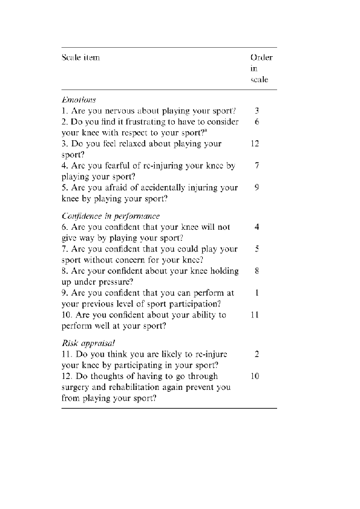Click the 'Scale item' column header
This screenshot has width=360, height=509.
(80, 58)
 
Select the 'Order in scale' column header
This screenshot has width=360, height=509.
(261, 69)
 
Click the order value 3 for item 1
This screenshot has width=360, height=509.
(257, 111)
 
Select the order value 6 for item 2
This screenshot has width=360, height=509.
(257, 122)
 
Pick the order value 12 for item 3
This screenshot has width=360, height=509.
(257, 144)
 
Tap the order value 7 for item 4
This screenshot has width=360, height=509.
(257, 166)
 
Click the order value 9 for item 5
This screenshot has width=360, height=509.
(257, 187)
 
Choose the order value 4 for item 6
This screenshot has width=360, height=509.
(257, 227)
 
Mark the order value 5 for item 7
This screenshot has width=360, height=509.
(257, 249)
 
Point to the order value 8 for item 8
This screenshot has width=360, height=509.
(257, 271)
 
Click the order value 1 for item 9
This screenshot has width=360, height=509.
(257, 293)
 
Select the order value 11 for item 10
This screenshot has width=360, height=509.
(257, 314)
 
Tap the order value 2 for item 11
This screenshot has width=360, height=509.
(257, 354)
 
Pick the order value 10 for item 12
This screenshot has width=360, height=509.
(257, 376)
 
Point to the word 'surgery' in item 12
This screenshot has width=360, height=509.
(76, 387)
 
